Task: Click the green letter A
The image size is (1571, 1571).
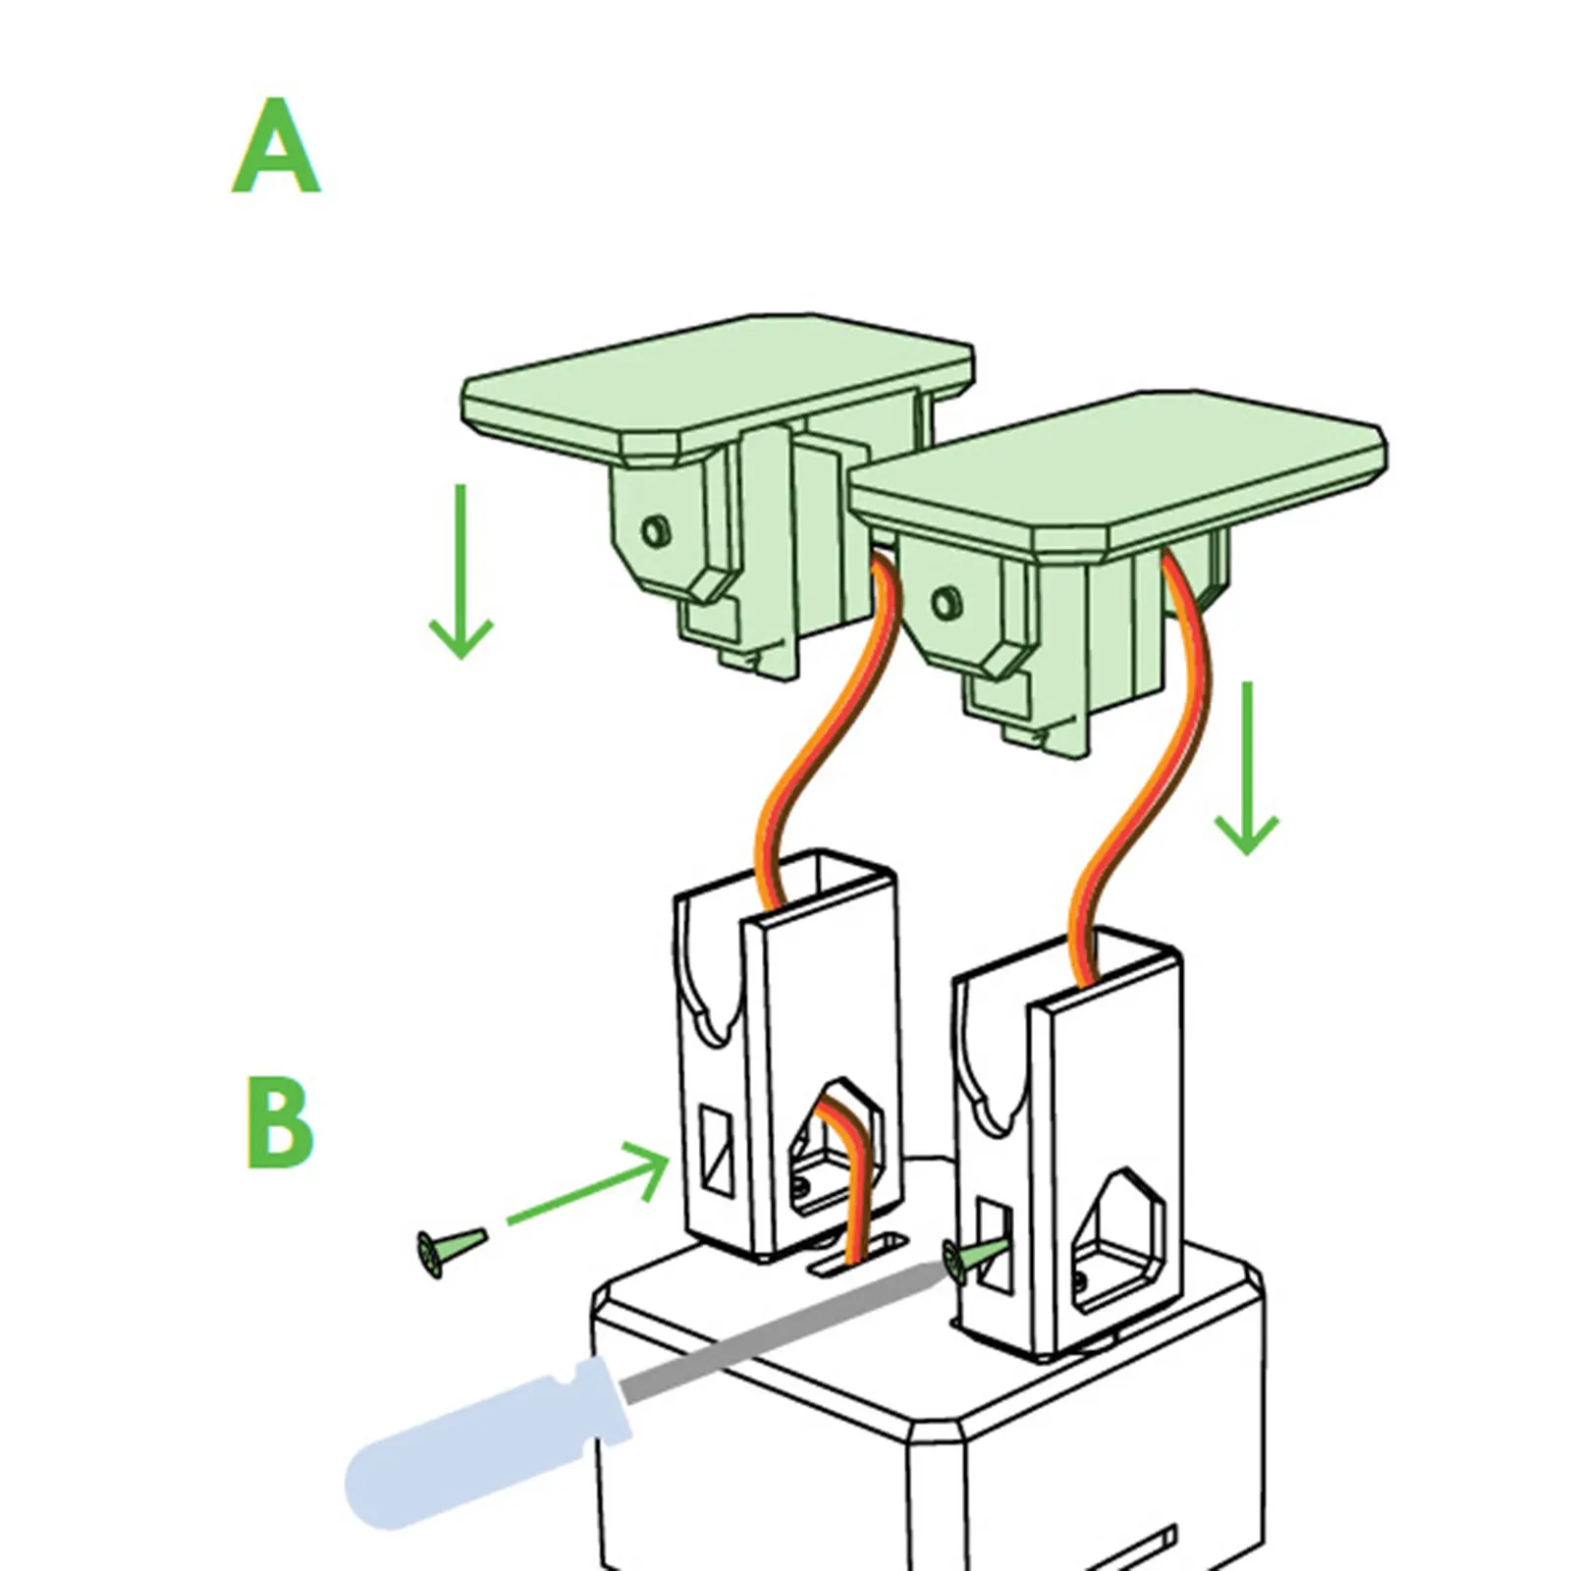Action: pyautogui.click(x=276, y=147)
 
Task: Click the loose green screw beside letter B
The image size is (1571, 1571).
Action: pyautogui.click(x=450, y=1250)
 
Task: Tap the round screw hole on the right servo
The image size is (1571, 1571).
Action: pyautogui.click(x=946, y=601)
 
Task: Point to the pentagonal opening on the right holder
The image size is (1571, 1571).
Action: pyautogui.click(x=1119, y=1242)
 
